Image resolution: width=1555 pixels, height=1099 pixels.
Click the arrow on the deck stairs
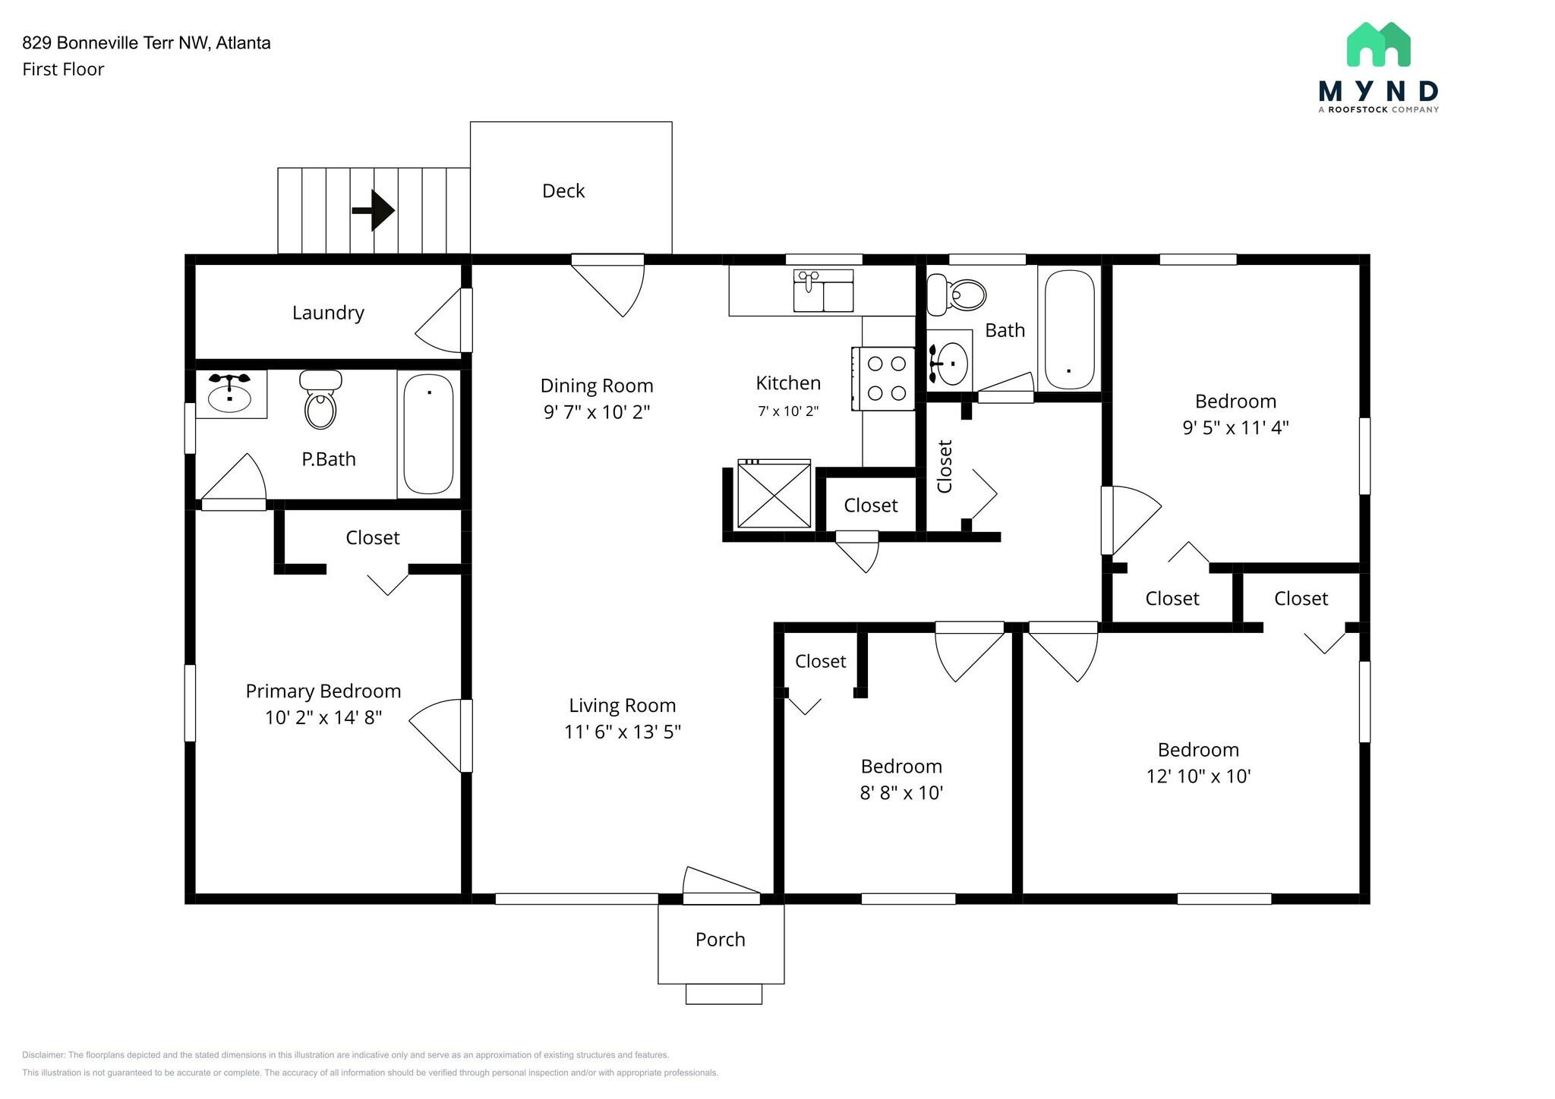coord(373,209)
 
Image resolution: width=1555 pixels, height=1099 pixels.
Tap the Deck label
coord(563,191)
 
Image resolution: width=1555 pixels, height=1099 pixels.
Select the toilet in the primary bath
coord(320,399)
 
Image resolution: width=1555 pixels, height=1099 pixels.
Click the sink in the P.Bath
coord(229,392)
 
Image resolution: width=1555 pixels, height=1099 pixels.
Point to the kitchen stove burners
coord(887,378)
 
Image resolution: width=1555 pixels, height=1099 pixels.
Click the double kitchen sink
coord(823,291)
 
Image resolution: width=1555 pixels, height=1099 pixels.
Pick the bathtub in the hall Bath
coord(1070,329)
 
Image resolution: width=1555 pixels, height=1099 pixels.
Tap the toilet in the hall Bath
coord(956,294)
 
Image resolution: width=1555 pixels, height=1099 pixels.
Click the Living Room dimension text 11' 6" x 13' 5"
coord(623,732)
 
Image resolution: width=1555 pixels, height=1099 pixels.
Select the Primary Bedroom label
coord(323,691)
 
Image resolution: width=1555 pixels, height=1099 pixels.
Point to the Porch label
coord(721,940)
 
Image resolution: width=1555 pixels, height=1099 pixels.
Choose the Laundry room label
coord(328,313)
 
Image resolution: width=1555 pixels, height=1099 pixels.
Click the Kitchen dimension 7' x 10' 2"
coord(788,411)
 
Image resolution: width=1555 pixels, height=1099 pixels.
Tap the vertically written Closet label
coord(945,466)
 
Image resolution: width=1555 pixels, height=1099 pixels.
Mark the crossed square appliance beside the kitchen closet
coord(774,493)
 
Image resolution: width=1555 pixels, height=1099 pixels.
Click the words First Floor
coord(63,69)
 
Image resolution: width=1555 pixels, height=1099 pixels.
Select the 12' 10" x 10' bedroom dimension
coord(1199,776)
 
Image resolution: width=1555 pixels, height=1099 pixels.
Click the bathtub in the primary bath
coord(428,433)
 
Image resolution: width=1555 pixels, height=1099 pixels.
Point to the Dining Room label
coord(597,386)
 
